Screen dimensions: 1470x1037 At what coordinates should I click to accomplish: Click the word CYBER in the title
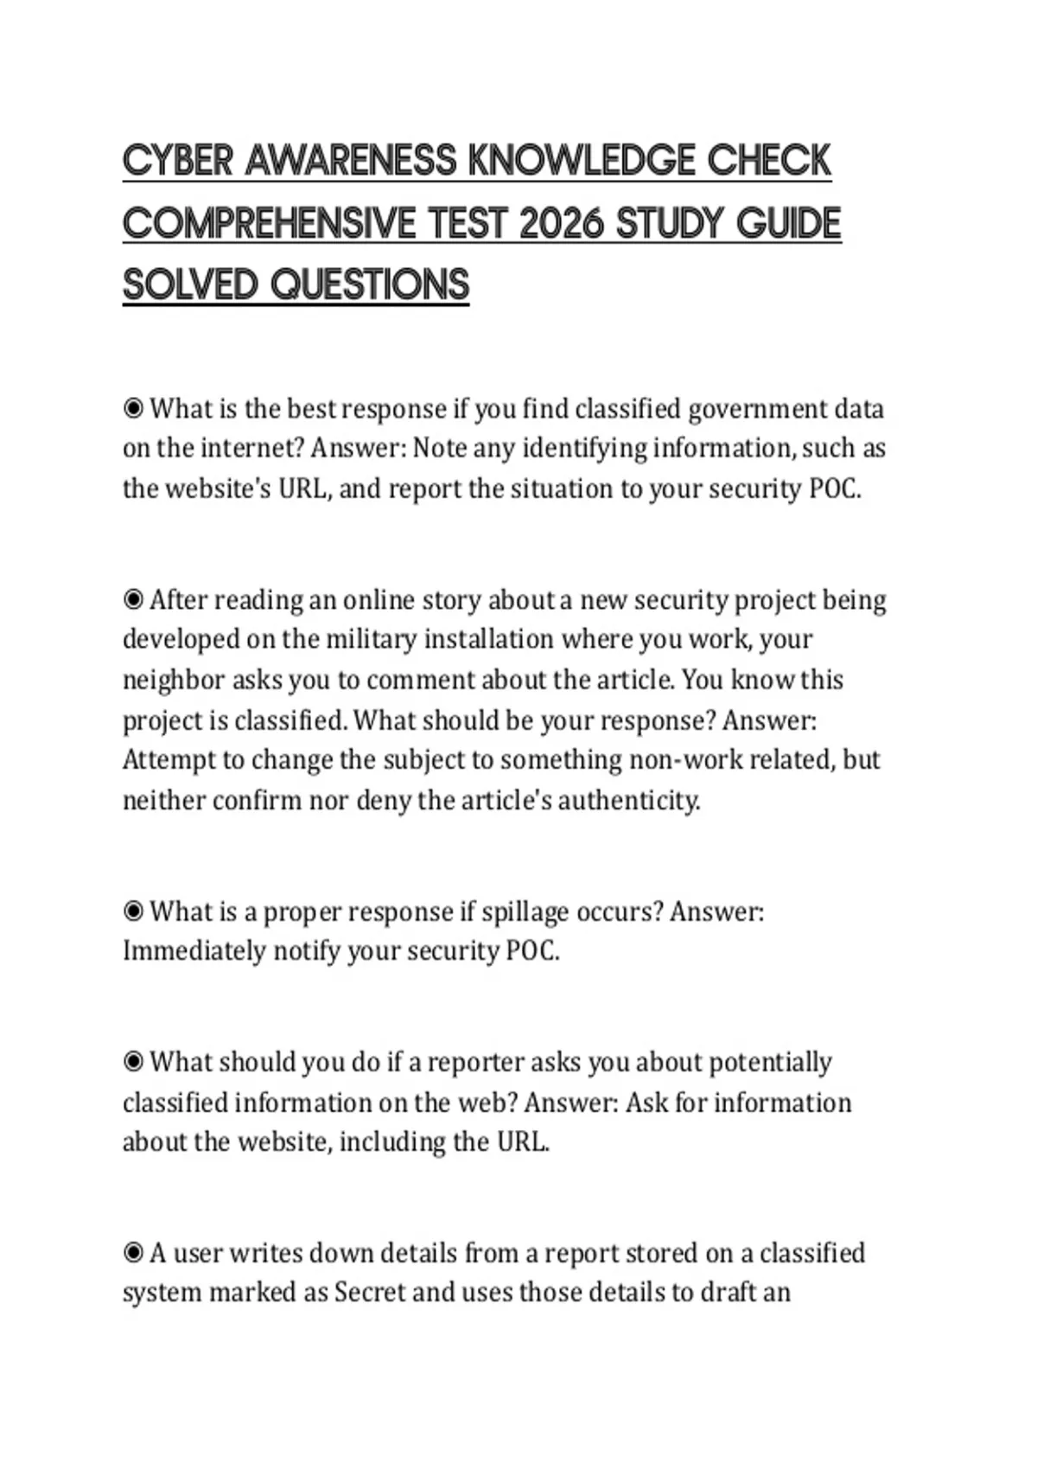[x=177, y=161]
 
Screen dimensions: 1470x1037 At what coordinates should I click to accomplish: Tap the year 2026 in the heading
[x=561, y=223]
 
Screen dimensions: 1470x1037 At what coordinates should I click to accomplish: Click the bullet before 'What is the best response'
[x=133, y=408]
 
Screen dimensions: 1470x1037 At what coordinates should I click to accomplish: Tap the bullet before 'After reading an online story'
[x=133, y=599]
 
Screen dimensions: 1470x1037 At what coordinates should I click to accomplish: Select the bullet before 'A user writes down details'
[x=133, y=1252]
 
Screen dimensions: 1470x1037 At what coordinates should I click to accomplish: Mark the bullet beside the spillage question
[x=133, y=911]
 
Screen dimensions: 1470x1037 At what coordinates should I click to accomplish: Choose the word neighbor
[x=173, y=680]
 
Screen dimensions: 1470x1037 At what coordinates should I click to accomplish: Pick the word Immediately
[x=194, y=951]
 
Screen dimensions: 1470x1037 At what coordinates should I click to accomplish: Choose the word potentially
[x=770, y=1062]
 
